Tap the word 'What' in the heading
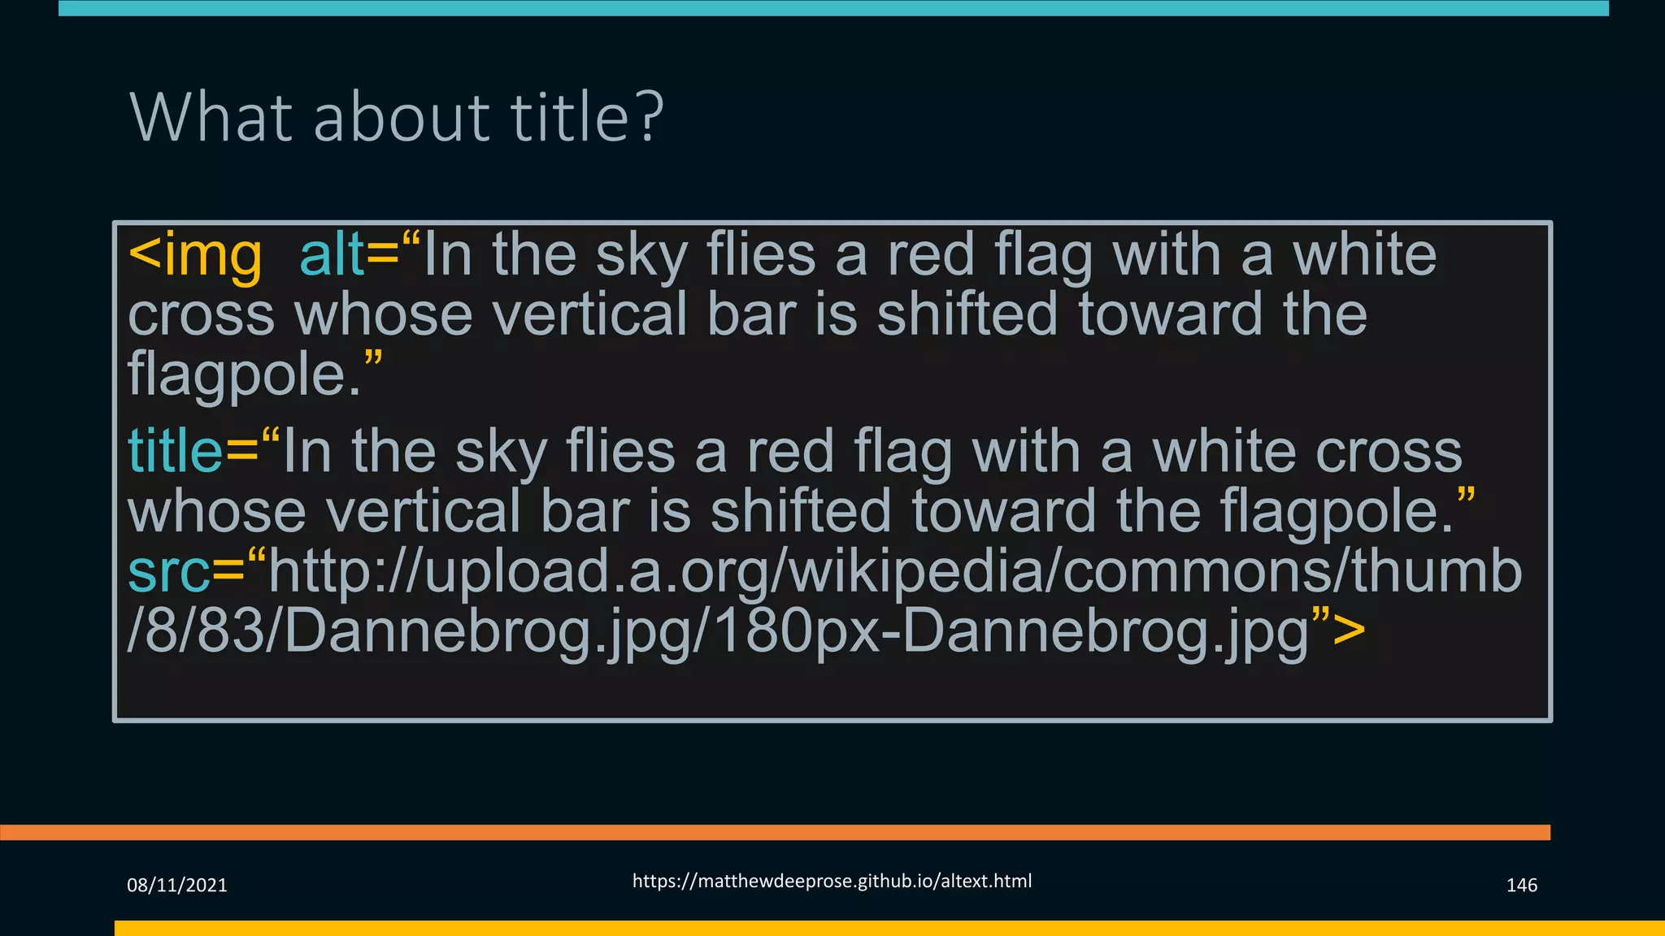point(211,118)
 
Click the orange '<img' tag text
point(195,256)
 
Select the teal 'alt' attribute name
point(332,256)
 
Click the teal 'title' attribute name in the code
point(175,452)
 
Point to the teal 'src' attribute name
point(168,572)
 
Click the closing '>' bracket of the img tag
point(1350,631)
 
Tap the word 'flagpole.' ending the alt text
point(244,375)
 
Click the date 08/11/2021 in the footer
point(177,886)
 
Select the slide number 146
point(1521,886)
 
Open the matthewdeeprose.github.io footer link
point(832,882)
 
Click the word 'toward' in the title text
point(1003,513)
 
